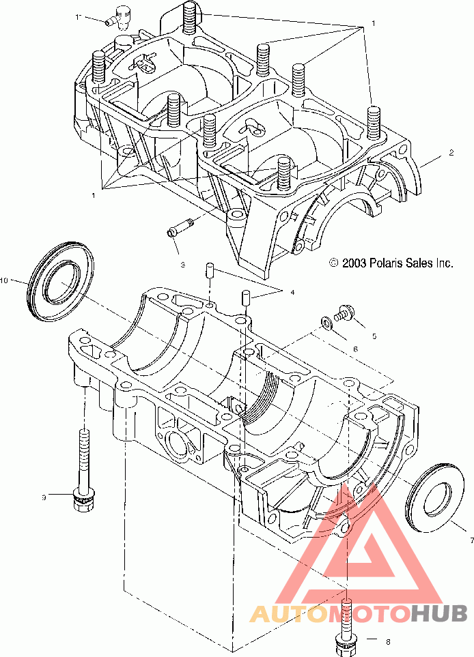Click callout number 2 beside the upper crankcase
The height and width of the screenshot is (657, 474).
[451, 153]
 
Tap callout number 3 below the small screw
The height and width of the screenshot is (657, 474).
[182, 265]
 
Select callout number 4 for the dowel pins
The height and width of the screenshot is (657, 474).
[292, 292]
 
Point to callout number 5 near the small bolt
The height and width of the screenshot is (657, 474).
[374, 336]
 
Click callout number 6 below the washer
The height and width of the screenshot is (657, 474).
[355, 349]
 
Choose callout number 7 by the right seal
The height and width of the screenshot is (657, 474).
[471, 540]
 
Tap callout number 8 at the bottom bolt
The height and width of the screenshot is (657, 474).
[387, 641]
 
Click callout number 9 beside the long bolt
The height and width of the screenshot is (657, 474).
[44, 497]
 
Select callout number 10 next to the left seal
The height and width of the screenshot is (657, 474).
[4, 280]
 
